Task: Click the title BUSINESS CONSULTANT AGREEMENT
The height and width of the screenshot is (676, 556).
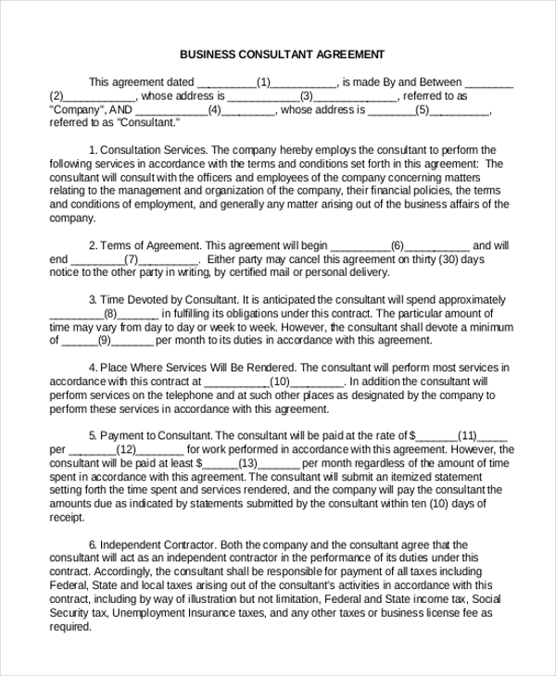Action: pos(282,55)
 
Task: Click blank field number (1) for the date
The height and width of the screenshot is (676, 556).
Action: pos(263,81)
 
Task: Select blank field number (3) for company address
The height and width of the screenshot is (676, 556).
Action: pos(307,95)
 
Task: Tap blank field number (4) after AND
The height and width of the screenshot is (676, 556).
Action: pos(214,109)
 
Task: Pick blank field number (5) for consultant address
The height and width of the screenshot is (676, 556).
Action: pos(423,109)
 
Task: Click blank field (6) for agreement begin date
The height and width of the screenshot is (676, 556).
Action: pos(398,245)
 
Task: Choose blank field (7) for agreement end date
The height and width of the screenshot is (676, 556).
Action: pos(131,259)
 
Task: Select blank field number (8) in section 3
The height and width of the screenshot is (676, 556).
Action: pos(110,314)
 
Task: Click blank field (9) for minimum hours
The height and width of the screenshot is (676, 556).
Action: pos(105,341)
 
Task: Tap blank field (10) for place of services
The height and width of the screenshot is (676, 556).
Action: pos(280,381)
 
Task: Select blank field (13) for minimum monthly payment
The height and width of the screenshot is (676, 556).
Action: pos(247,463)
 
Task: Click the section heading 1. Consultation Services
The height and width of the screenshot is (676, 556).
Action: pos(148,150)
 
